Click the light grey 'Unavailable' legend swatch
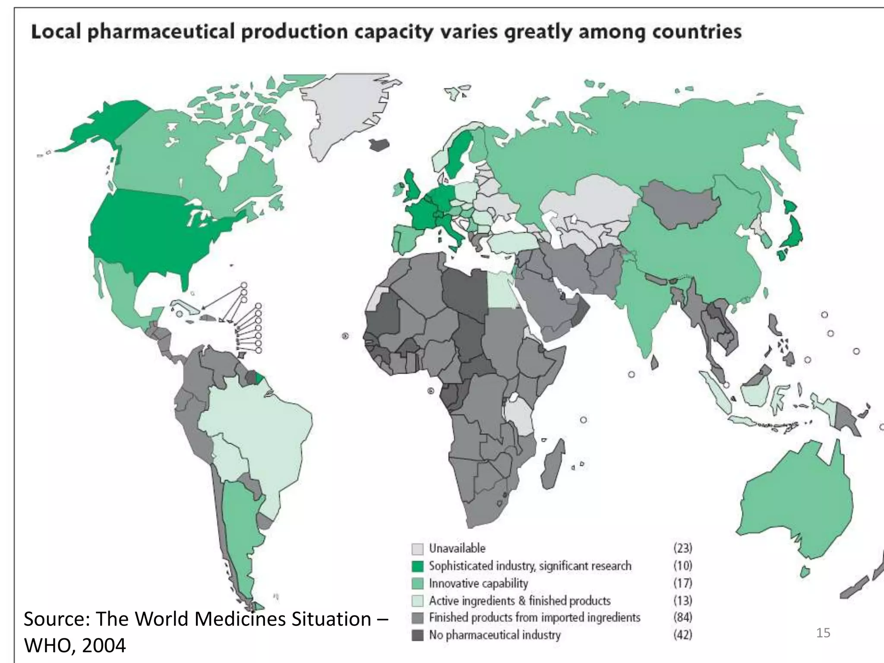click(417, 549)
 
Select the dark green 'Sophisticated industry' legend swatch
click(417, 566)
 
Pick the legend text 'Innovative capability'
click(478, 584)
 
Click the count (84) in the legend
click(682, 617)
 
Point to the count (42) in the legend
click(682, 635)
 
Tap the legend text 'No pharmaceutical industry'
click(495, 635)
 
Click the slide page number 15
click(823, 633)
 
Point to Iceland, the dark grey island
click(379, 145)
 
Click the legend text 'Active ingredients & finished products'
click(520, 601)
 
